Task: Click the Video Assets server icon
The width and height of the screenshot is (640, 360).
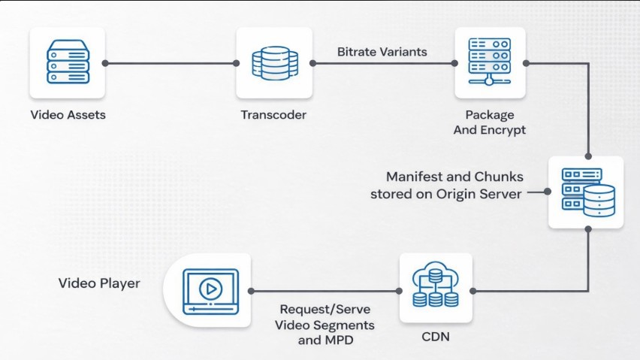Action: click(x=68, y=62)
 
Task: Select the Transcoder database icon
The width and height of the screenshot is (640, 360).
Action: click(x=274, y=62)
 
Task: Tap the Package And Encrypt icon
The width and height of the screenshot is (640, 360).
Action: click(x=489, y=62)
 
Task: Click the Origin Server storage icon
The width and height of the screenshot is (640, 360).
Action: click(x=586, y=192)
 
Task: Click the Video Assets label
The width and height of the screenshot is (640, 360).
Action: click(x=68, y=115)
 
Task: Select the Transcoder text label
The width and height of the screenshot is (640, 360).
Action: click(x=273, y=115)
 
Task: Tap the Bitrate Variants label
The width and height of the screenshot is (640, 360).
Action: click(x=382, y=52)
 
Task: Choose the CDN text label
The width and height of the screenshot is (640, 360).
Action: click(x=436, y=337)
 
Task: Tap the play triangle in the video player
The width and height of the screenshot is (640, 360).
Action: click(x=211, y=288)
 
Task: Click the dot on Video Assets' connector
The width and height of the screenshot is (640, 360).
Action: click(x=106, y=63)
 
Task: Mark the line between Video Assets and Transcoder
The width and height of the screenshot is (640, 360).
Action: click(x=171, y=63)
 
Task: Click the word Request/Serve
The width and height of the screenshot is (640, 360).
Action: click(x=325, y=309)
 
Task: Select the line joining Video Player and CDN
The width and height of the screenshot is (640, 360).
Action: click(x=325, y=291)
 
